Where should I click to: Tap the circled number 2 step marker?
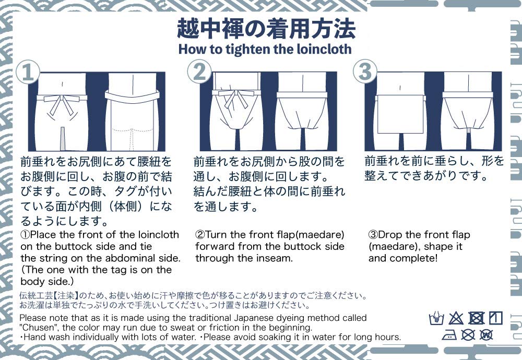pos(199,73)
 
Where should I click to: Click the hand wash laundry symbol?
pos(436,318)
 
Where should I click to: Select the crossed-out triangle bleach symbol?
pos(456,318)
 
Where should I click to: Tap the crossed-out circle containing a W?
pos(486,335)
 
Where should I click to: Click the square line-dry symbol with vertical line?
pos(495,318)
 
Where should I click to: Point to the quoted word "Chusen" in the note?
pos(38,328)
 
